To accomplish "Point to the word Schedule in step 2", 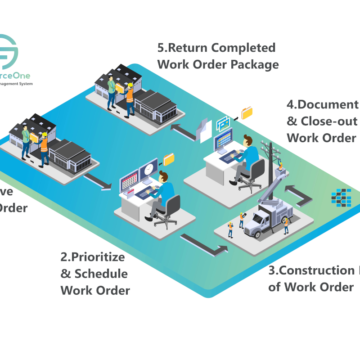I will click(101, 274).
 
